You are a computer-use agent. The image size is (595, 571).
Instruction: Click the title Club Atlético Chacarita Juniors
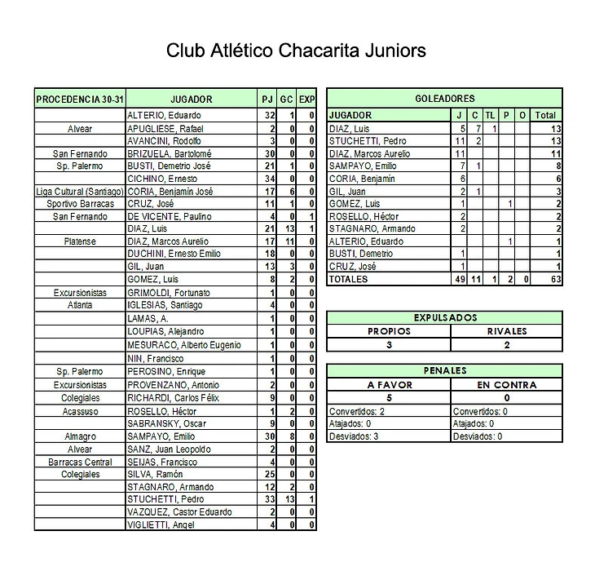pos(296,51)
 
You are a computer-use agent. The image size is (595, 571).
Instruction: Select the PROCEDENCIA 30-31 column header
pos(80,100)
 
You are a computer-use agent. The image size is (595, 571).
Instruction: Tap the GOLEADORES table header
pos(444,99)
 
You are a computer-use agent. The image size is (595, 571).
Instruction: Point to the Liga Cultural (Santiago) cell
pos(80,191)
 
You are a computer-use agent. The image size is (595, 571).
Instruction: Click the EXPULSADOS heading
pos(444,318)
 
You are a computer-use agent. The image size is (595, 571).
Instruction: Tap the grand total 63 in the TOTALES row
pos(546,279)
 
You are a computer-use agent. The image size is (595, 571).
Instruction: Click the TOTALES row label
pos(348,279)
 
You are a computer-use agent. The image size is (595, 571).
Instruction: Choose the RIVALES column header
pos(506,331)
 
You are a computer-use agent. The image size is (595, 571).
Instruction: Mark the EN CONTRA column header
pos(506,385)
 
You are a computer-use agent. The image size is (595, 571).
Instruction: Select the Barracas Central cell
pos(80,462)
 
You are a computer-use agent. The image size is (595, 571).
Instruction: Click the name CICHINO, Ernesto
pos(161,179)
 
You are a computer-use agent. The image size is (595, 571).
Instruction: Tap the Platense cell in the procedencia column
pos(80,241)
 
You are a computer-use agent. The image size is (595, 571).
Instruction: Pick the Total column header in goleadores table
pos(545,115)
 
